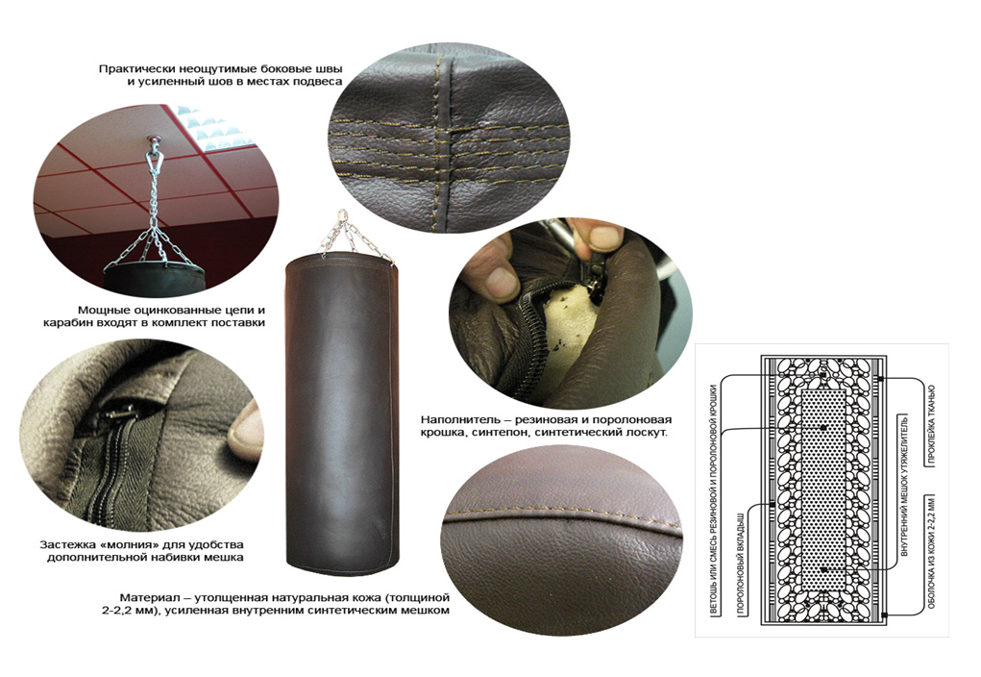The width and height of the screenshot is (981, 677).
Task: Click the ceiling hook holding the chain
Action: tap(152, 141)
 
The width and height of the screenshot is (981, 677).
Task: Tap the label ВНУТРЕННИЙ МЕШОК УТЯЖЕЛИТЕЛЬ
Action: tap(904, 486)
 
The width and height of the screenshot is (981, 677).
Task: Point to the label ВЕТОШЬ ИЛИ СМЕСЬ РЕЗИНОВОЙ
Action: tap(714, 501)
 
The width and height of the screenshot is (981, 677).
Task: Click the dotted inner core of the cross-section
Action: tap(822, 489)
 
